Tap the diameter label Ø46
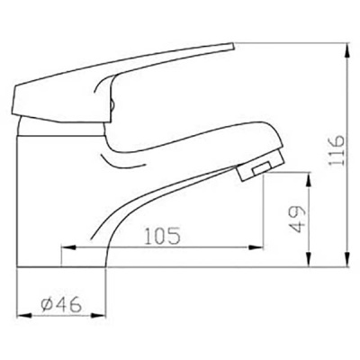59,306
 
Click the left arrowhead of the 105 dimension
65,249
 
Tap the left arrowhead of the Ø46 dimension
22,318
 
